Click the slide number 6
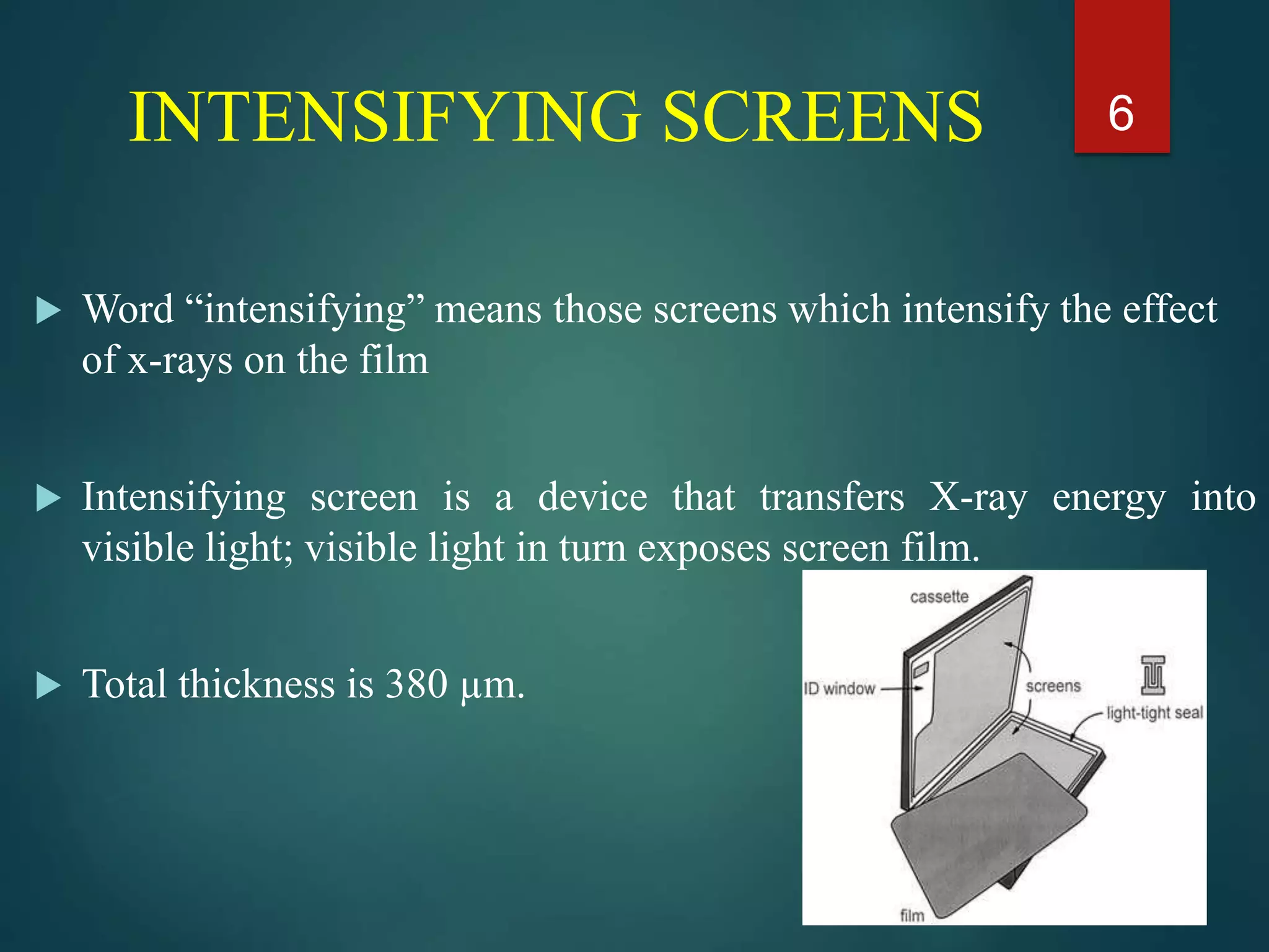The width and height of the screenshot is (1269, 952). (x=1121, y=113)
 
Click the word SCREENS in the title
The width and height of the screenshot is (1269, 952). (x=822, y=117)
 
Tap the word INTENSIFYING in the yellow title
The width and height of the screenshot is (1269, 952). (x=384, y=117)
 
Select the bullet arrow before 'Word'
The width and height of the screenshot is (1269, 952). (x=48, y=311)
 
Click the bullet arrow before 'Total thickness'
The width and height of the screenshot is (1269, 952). (x=48, y=686)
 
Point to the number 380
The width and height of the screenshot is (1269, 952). (x=416, y=684)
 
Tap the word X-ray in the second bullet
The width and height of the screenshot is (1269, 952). (x=978, y=498)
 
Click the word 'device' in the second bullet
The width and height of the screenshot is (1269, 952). (x=592, y=498)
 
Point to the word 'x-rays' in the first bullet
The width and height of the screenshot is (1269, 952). (x=180, y=361)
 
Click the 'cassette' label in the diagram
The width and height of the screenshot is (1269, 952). (x=939, y=597)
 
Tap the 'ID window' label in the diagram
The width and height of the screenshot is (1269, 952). (x=839, y=689)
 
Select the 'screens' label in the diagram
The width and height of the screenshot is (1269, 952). (x=1053, y=686)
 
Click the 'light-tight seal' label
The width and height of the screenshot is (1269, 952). (x=1154, y=713)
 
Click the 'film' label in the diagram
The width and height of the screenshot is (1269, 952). (x=911, y=915)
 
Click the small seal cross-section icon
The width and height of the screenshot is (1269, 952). (x=1153, y=676)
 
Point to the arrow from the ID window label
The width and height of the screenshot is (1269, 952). (x=902, y=688)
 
